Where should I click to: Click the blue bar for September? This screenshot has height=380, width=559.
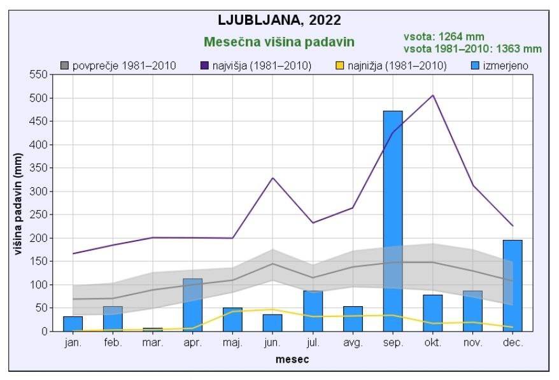(x=393, y=221)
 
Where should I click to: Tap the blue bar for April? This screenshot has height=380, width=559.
(x=193, y=305)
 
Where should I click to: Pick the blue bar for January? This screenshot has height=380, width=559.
(x=73, y=323)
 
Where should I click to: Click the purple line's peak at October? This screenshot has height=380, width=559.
(x=433, y=95)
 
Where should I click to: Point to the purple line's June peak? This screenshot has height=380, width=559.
(x=273, y=178)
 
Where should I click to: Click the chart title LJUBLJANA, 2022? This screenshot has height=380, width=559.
(x=279, y=20)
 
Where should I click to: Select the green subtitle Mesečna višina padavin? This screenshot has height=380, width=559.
(x=279, y=42)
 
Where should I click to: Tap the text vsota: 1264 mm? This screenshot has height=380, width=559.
(x=444, y=37)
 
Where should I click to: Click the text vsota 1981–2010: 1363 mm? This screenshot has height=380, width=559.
(x=472, y=48)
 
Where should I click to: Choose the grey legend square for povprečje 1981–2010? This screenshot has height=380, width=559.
(x=64, y=66)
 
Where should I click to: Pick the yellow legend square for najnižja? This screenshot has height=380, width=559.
(x=339, y=66)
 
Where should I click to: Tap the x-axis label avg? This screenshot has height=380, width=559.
(x=353, y=342)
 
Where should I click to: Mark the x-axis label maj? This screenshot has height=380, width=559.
(x=232, y=342)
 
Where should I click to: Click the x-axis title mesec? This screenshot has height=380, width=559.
(x=292, y=360)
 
